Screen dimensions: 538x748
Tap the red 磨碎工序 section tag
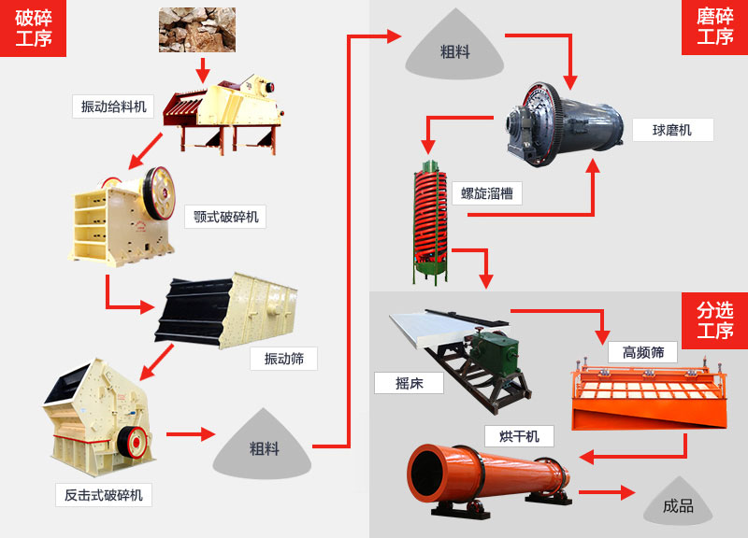tap(714, 27)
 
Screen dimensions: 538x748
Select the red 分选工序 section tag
tap(714, 319)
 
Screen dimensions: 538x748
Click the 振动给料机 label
tap(113, 106)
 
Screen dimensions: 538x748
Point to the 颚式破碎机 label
tap(224, 217)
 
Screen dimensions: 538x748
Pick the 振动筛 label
tap(283, 359)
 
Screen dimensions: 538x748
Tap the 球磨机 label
tap(672, 130)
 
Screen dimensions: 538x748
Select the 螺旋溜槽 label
tap(487, 193)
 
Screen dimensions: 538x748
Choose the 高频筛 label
tap(643, 352)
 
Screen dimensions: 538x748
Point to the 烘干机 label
tap(519, 435)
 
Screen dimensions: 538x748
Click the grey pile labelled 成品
tap(678, 505)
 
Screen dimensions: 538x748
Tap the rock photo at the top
tap(196, 29)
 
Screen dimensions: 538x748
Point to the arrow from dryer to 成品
tap(607, 492)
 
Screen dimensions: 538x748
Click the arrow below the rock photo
tap(202, 70)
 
